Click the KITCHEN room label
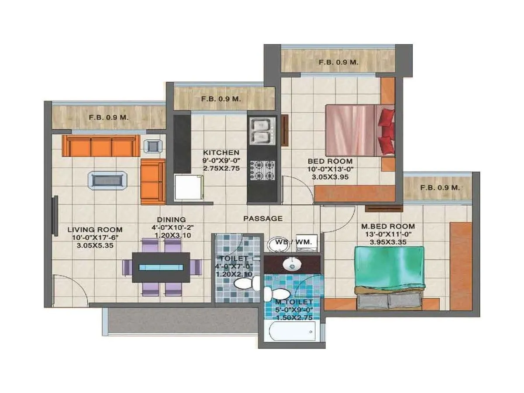tap(221, 152)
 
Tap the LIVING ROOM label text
tap(95, 229)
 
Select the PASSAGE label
tap(263, 218)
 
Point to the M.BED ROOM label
tap(388, 226)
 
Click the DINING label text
tap(171, 220)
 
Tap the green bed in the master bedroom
tap(389, 271)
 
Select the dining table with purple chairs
tap(162, 267)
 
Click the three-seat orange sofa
tap(101, 146)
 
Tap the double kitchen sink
tap(262, 131)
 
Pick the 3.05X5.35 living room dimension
tap(95, 245)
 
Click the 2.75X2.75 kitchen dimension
tap(221, 168)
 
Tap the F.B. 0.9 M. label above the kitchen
tap(221, 99)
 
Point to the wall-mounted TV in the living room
tap(55, 217)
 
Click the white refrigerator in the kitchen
tap(189, 188)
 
